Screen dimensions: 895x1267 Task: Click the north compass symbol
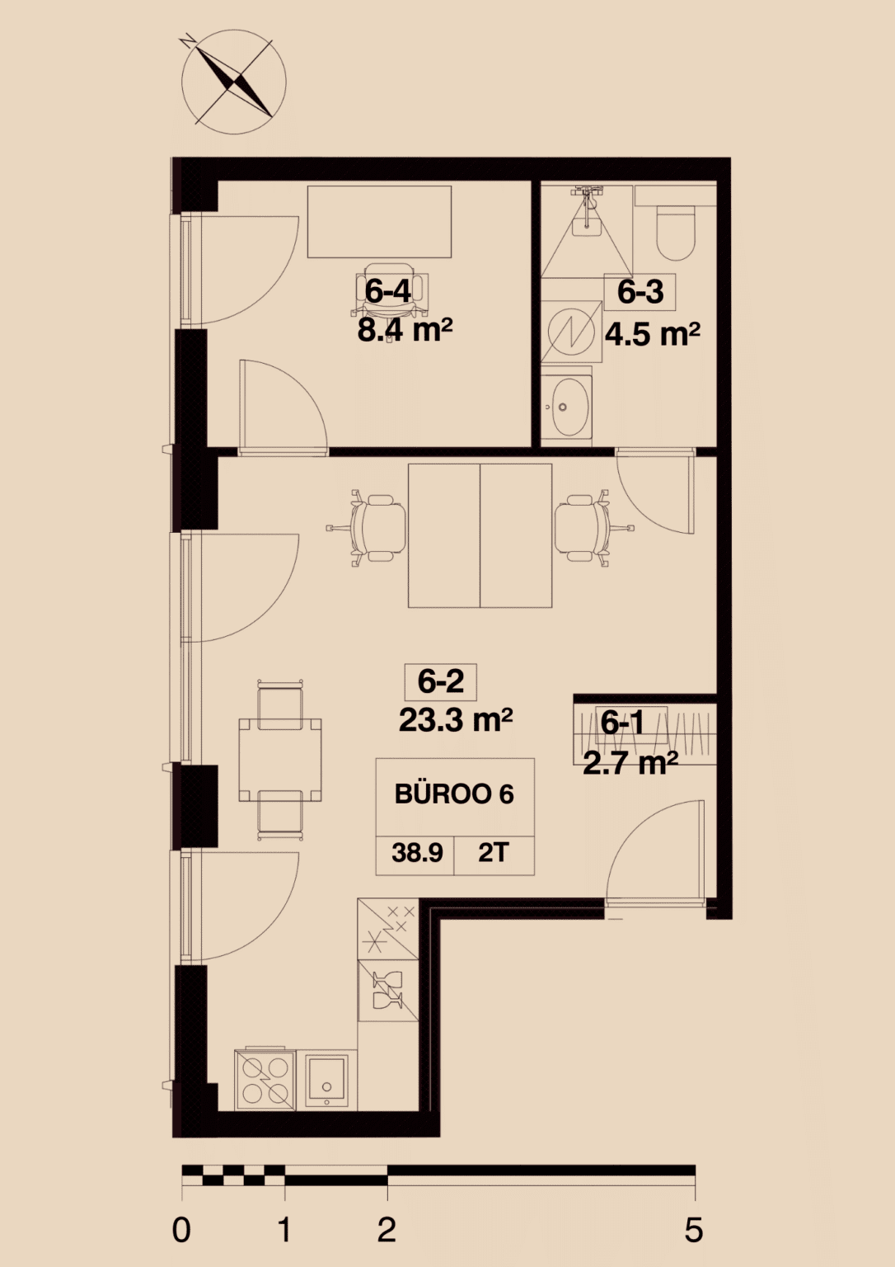pyautogui.click(x=233, y=82)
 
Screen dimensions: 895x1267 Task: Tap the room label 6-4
pyautogui.click(x=387, y=292)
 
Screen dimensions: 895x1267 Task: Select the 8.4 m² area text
pyautogui.click(x=405, y=330)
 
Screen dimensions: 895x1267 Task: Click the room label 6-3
pyautogui.click(x=640, y=292)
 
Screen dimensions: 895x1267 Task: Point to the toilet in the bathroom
pyautogui.click(x=675, y=232)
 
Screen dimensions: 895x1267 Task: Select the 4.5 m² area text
pyautogui.click(x=653, y=334)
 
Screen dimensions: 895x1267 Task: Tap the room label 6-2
pyautogui.click(x=441, y=681)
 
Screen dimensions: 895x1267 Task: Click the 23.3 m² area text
pyautogui.click(x=456, y=720)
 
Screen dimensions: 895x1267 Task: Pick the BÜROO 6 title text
pyautogui.click(x=454, y=794)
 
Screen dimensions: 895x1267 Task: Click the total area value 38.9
pyautogui.click(x=417, y=852)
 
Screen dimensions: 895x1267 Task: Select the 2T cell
pyautogui.click(x=494, y=852)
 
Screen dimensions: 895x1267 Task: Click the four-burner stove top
pyautogui.click(x=263, y=1081)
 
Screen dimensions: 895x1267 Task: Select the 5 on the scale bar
pyautogui.click(x=694, y=1231)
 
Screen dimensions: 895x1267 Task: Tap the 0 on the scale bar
pyautogui.click(x=181, y=1231)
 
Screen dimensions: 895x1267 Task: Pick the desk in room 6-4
pyautogui.click(x=380, y=222)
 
